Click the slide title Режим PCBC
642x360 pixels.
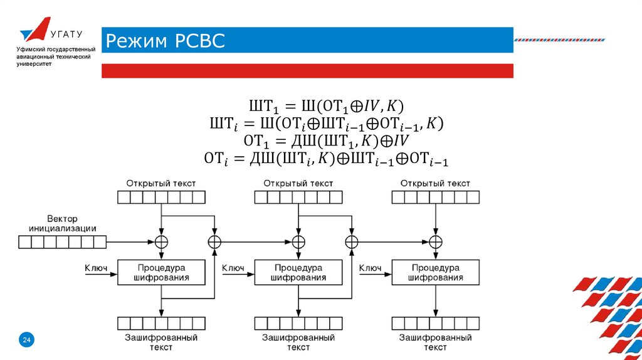click(x=165, y=41)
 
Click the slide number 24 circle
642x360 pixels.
click(x=27, y=340)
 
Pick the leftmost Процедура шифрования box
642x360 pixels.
click(x=162, y=272)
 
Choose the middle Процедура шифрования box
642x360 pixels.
click(x=298, y=272)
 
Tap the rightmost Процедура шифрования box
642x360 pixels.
click(x=434, y=272)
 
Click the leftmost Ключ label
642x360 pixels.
click(x=96, y=268)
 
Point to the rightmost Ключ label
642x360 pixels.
click(x=370, y=268)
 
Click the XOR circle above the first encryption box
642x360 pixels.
click(x=162, y=241)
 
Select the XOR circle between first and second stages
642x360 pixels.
click(x=214, y=241)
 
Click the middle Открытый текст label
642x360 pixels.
click(x=298, y=183)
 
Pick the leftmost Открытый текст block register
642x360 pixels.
click(x=162, y=198)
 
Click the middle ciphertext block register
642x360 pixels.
click(x=298, y=323)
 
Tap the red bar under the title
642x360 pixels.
click(x=307, y=70)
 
